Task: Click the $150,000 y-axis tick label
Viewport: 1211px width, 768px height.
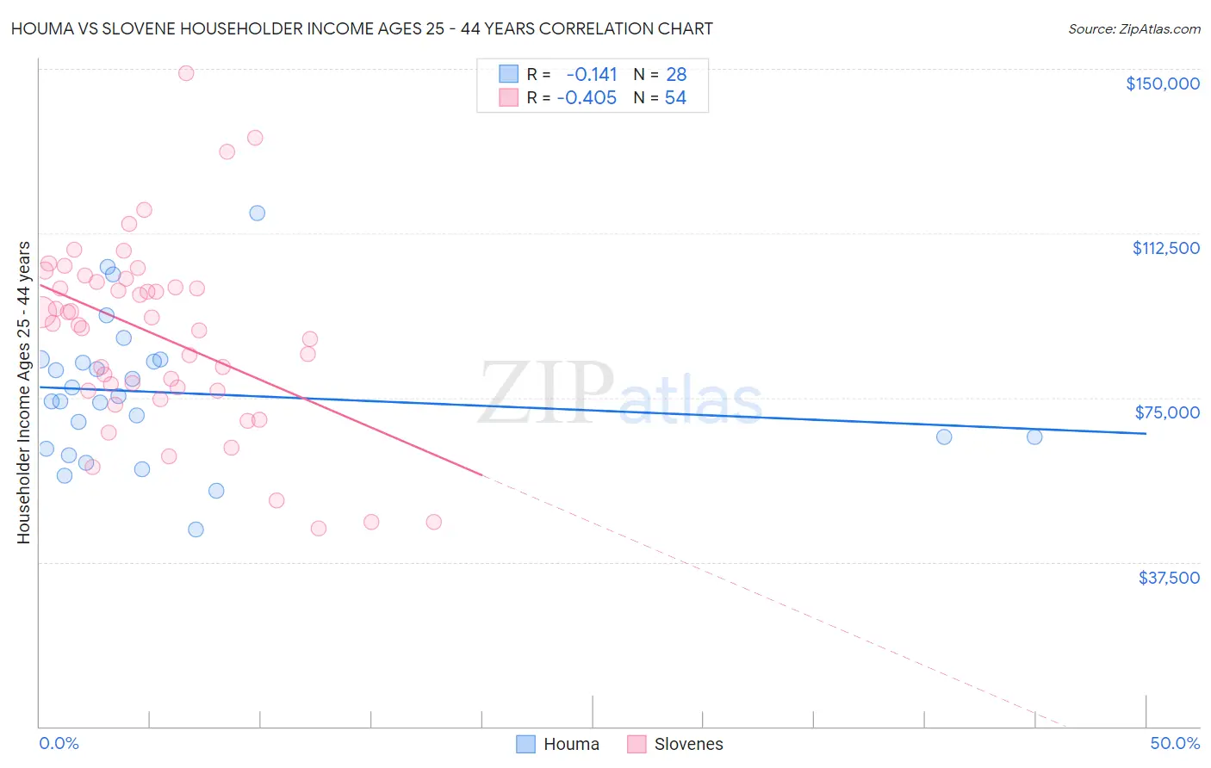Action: (x=1162, y=84)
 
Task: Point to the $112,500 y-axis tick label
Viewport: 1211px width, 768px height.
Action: (x=1165, y=248)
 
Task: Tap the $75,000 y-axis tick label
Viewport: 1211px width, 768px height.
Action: (x=1167, y=412)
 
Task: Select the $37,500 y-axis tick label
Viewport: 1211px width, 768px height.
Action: (x=1169, y=578)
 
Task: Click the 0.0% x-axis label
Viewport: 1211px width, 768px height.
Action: (x=59, y=743)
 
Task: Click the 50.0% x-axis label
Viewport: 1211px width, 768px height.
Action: (x=1175, y=743)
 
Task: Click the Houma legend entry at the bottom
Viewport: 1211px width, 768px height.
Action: (x=557, y=744)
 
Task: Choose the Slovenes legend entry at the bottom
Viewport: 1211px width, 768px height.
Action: (x=675, y=744)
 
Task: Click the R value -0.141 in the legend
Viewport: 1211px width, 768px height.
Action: (x=592, y=75)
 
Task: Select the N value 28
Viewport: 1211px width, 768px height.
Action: (x=676, y=75)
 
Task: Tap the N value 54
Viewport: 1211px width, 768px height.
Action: (x=675, y=98)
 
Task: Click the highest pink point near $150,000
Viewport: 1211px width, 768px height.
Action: (x=186, y=73)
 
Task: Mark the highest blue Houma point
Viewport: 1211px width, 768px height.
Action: (x=257, y=213)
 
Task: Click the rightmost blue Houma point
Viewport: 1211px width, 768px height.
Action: (x=1034, y=437)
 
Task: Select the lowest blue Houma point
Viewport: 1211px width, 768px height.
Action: (x=196, y=530)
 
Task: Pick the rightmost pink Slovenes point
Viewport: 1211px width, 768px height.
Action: (x=434, y=522)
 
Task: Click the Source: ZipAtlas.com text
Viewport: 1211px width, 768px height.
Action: (x=1133, y=29)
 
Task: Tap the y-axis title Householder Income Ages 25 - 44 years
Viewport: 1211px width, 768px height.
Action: (x=23, y=393)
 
